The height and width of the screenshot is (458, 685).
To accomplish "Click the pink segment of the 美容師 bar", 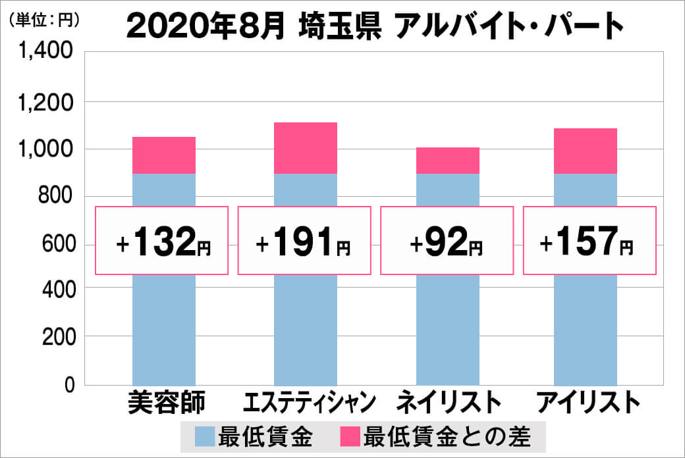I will pyautogui.click(x=164, y=155).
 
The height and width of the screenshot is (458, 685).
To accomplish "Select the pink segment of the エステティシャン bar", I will pyautogui.click(x=305, y=148).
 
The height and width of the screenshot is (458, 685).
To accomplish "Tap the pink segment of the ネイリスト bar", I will pyautogui.click(x=447, y=161).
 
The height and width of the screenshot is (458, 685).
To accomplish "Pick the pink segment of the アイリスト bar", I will pyautogui.click(x=586, y=151).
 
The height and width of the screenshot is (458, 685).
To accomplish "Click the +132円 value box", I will pyautogui.click(x=163, y=241).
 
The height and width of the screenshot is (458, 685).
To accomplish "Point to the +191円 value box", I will pyautogui.click(x=304, y=241).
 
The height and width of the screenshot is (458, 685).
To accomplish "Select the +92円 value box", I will pyautogui.click(x=447, y=241).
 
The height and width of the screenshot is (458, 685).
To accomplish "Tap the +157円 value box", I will pyautogui.click(x=589, y=241).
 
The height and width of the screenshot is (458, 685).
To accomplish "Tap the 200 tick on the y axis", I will pyautogui.click(x=58, y=338).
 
